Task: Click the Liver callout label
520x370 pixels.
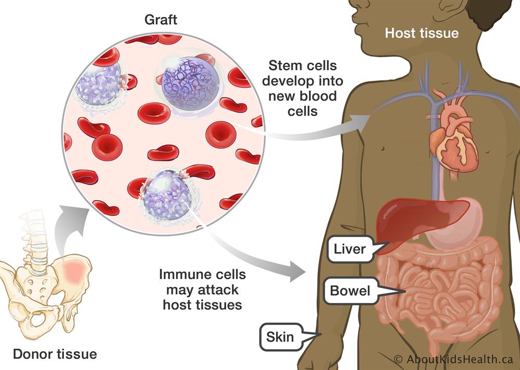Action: click(349, 250)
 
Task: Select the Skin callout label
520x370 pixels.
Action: click(281, 337)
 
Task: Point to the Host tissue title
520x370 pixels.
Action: click(422, 33)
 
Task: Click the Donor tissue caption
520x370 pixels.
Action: click(55, 354)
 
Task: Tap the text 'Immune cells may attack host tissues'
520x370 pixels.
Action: click(202, 289)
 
